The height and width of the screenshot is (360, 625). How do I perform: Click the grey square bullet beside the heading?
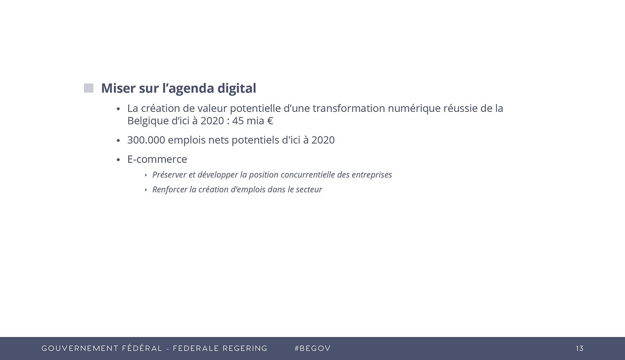[89, 88]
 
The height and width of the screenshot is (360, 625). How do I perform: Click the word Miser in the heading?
[118, 88]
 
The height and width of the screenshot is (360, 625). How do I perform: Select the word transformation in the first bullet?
[349, 108]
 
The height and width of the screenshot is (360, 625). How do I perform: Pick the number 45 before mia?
[238, 121]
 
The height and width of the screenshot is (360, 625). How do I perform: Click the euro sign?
[270, 121]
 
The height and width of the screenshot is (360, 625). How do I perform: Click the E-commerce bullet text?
[157, 159]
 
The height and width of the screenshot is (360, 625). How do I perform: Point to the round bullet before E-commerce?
[118, 160]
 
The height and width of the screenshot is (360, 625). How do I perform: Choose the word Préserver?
[170, 175]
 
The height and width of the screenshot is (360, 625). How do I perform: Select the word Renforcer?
[170, 190]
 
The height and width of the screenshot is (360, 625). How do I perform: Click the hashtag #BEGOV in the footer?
[312, 349]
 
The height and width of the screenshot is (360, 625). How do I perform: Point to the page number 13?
[580, 349]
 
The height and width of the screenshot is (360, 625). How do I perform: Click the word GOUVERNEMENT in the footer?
[80, 349]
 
